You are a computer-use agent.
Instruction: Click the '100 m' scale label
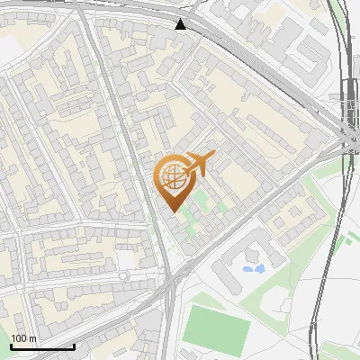pyautogui.click(x=23, y=338)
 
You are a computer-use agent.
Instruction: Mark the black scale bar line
pyautogui.click(x=42, y=346)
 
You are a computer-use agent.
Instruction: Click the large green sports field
pyautogui.click(x=216, y=328)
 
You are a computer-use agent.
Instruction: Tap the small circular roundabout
pyautogui.click(x=124, y=274)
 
